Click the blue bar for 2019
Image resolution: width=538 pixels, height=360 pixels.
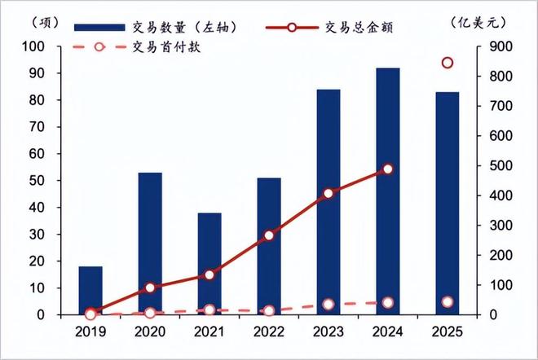click(90, 291)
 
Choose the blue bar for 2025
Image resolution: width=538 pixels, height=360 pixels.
click(448, 204)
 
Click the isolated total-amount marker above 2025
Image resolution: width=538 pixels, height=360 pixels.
click(448, 63)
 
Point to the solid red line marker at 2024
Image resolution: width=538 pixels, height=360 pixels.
click(388, 169)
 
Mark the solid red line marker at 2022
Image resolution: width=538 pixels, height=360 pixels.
click(269, 235)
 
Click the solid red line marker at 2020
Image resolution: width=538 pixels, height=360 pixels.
click(150, 288)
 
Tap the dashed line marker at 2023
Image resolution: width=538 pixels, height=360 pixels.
click(329, 305)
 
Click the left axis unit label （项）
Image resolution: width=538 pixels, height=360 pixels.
click(29, 23)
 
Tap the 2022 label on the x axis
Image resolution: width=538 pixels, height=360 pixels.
click(269, 332)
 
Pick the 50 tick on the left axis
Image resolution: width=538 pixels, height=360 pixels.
click(37, 181)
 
